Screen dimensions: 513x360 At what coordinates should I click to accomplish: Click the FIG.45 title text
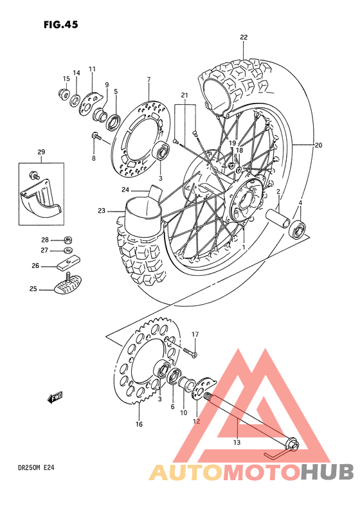click(61, 25)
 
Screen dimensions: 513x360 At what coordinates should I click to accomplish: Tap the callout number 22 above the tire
click(244, 37)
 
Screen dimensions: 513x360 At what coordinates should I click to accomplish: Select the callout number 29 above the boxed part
click(41, 152)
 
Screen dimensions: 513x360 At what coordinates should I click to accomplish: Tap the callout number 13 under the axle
click(237, 442)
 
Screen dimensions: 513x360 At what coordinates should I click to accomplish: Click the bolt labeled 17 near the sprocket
click(189, 351)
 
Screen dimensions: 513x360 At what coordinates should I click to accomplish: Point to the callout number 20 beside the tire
click(318, 146)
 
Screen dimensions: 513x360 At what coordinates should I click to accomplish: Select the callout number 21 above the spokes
click(184, 96)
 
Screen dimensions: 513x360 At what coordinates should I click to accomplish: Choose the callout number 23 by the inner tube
click(102, 210)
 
